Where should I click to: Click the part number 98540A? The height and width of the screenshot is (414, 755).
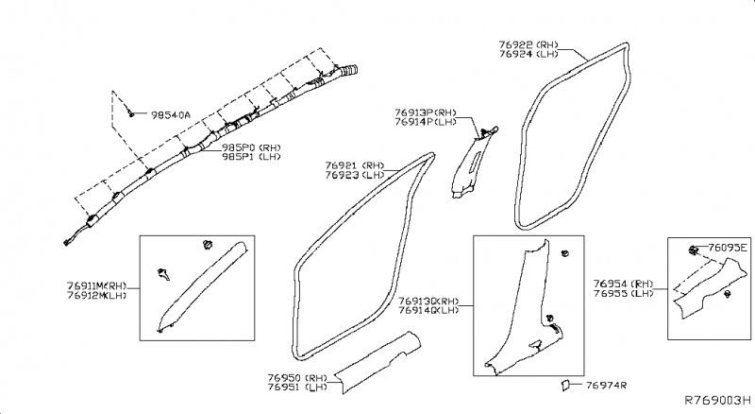click(171, 115)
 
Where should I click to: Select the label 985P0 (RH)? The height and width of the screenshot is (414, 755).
click(252, 147)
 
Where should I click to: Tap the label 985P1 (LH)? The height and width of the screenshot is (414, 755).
click(252, 158)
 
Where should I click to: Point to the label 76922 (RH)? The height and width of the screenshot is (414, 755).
click(528, 43)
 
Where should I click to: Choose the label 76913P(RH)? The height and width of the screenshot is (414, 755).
click(426, 112)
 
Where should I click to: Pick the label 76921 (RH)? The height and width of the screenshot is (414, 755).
click(355, 164)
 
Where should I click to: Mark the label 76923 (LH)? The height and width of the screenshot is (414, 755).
click(355, 175)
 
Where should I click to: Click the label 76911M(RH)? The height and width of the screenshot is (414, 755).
click(97, 284)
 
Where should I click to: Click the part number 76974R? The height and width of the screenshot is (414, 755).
click(607, 386)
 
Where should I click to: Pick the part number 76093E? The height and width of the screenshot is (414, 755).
click(728, 249)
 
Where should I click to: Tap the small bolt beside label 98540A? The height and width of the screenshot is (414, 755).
click(130, 112)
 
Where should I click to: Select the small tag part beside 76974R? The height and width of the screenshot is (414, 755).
click(565, 385)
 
